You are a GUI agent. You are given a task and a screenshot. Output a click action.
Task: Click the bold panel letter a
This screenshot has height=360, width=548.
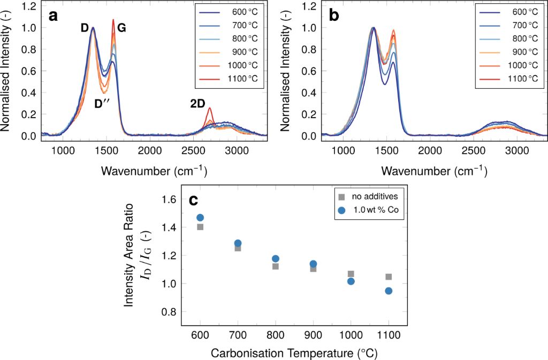tap(53, 16)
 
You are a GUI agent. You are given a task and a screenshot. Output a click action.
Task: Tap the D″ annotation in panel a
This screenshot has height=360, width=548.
tap(102, 104)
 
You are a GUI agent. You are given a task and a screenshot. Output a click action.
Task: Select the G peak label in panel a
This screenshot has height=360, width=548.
tap(121, 28)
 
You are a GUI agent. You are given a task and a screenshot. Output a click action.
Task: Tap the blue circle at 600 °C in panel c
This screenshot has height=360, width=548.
tap(200, 218)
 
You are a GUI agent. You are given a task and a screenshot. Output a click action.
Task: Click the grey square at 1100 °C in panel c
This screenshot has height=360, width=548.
tap(389, 277)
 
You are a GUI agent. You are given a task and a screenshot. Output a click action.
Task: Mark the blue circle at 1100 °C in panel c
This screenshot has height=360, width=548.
tap(389, 291)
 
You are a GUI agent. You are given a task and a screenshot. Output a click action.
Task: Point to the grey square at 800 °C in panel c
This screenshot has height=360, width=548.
tap(276, 266)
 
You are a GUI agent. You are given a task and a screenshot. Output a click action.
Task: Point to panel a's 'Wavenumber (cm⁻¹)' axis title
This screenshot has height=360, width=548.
tap(154, 171)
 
